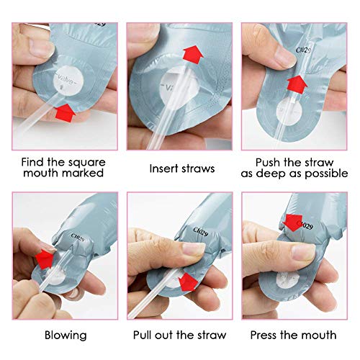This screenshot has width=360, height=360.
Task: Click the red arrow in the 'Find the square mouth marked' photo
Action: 65,113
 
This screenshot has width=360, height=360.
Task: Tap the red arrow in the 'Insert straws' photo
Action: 193,55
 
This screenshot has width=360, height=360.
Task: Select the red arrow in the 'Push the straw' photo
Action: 297,85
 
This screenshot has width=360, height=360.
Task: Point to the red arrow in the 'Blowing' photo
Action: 45,258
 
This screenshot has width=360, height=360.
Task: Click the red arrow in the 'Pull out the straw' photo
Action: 189,281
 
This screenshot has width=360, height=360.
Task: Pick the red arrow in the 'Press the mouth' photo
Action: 292,223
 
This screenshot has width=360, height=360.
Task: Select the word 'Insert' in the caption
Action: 164,168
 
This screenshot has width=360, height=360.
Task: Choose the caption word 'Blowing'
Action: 66,335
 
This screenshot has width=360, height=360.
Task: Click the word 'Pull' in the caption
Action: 142,335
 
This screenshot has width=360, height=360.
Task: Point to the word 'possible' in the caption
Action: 326,174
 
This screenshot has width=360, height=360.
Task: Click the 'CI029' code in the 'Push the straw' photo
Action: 303,50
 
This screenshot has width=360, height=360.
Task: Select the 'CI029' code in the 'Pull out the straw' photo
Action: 201,231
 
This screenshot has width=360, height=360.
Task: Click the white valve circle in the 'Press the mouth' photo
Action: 288,281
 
